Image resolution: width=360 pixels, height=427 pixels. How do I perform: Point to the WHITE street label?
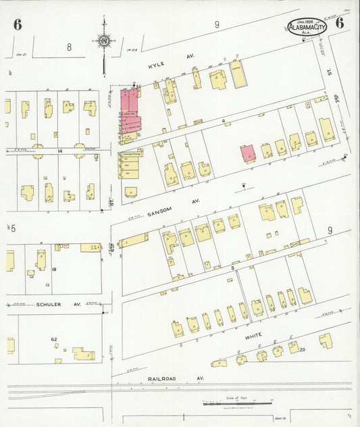(x=253, y=333)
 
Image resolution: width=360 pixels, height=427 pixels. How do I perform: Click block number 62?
(x=54, y=338)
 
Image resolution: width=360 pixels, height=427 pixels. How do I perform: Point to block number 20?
(x=302, y=349)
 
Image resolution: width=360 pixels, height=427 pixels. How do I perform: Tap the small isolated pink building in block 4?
(x=248, y=153)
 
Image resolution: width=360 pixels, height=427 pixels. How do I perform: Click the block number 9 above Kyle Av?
(x=217, y=25)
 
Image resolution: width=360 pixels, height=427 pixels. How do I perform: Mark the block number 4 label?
(x=222, y=121)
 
